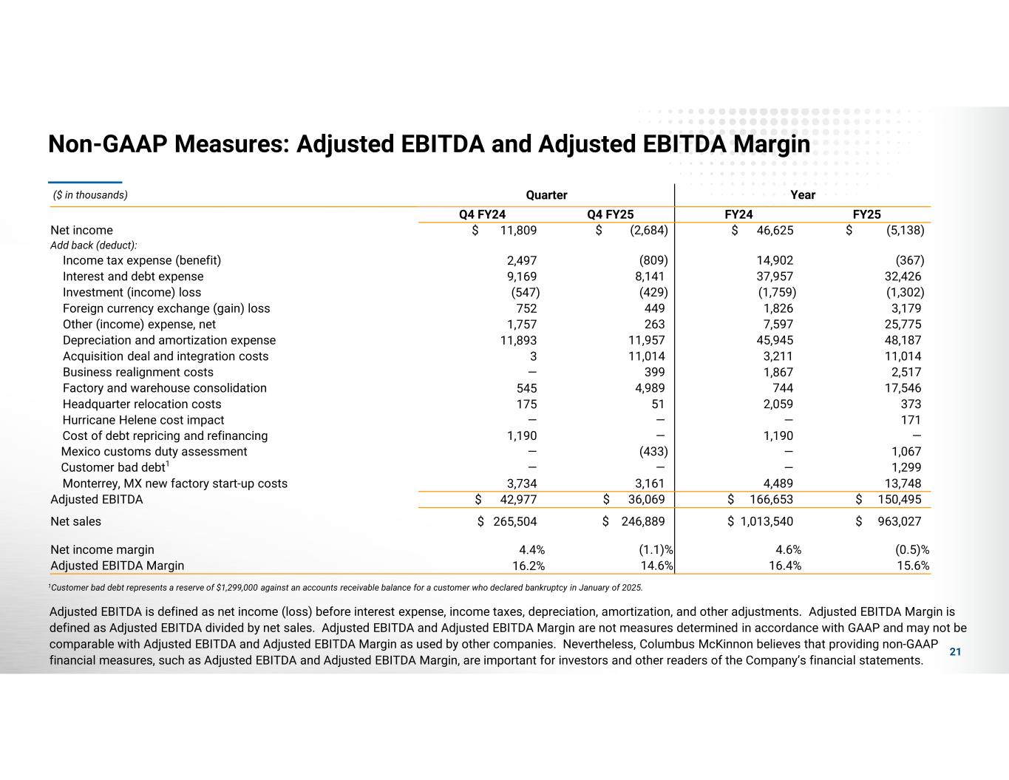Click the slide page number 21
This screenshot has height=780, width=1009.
(955, 651)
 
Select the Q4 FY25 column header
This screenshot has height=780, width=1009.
(610, 214)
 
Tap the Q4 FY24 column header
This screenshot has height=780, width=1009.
(482, 214)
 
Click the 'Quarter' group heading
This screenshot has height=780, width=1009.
(546, 195)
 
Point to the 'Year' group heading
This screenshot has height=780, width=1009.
(803, 195)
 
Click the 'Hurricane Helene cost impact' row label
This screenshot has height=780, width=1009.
(143, 420)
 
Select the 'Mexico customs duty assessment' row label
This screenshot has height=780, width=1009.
(154, 452)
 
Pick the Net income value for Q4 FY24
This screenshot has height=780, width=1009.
(518, 230)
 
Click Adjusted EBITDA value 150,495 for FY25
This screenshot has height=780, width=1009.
(898, 500)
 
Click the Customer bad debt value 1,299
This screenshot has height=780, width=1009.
(906, 467)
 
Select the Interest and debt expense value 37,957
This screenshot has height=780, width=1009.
(775, 277)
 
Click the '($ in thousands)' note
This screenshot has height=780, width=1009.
(90, 195)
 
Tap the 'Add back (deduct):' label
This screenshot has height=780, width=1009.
(94, 245)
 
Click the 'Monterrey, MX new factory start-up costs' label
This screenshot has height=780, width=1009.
(174, 484)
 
